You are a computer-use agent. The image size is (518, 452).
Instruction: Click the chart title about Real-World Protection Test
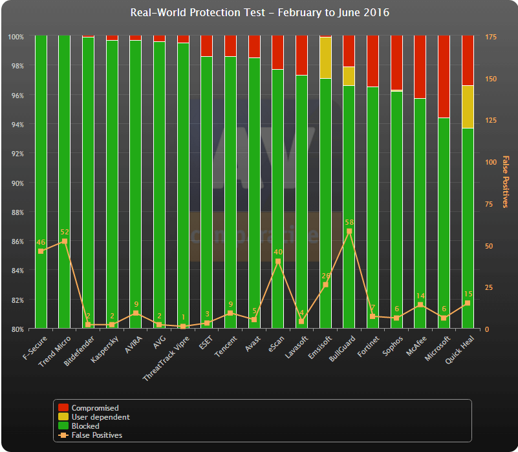pos(259,13)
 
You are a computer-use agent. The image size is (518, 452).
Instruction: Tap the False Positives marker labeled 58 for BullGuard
pos(349,231)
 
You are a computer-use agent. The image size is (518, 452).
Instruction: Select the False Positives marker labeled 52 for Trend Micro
pos(64,241)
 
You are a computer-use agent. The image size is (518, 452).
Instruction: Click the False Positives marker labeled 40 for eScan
pos(278,262)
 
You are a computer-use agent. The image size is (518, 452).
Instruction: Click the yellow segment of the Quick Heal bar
pos(468,107)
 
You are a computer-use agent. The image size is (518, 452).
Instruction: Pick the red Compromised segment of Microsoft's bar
pos(444,76)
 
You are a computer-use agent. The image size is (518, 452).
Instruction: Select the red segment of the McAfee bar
pos(420,67)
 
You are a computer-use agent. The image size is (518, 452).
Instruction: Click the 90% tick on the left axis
pos(16,183)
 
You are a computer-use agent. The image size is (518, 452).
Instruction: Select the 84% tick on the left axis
pos(16,271)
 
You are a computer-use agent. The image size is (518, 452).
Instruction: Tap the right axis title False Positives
pos(505,182)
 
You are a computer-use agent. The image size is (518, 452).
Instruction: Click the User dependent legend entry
pos(100,417)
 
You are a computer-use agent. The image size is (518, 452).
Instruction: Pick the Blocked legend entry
pos(85,426)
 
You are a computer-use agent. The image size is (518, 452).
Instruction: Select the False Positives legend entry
pos(96,435)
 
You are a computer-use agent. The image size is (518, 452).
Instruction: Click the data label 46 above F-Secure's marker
pos(40,242)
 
